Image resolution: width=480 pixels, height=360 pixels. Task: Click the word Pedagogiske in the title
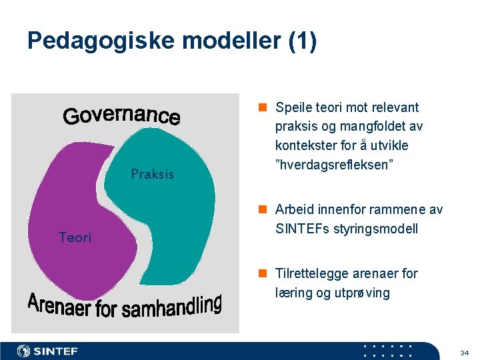[95, 41]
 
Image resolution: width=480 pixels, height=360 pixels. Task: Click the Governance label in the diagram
[121, 116]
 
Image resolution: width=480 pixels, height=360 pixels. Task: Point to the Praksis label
[152, 175]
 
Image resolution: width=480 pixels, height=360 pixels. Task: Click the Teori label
[75, 237]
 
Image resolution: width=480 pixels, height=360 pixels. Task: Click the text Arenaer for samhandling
[125, 307]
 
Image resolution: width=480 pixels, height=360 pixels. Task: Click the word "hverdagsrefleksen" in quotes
[334, 164]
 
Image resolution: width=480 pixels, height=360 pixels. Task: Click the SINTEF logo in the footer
[47, 351]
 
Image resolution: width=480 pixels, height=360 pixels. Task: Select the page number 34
[465, 351]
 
